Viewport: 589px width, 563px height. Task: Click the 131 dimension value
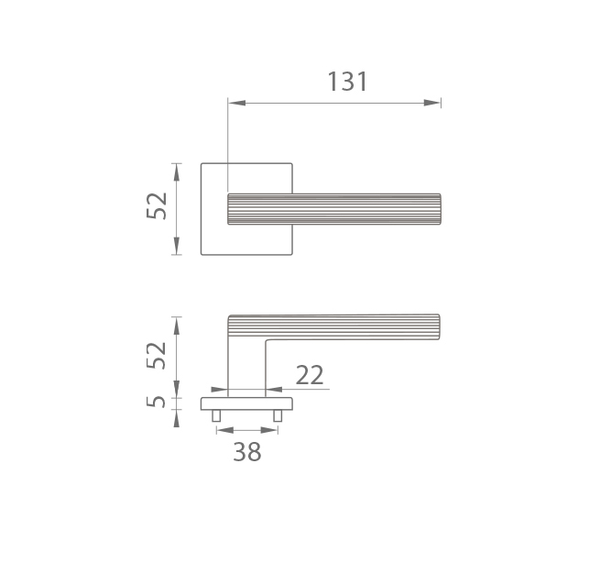click(x=347, y=82)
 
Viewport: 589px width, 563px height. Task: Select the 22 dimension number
click(x=310, y=375)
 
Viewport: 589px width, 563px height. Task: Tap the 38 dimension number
click(x=247, y=452)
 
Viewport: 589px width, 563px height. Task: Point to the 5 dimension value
click(x=156, y=402)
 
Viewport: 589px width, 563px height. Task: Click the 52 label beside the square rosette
click(x=157, y=205)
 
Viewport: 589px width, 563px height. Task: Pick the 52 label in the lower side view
click(x=157, y=356)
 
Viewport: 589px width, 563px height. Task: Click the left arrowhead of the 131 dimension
click(x=236, y=103)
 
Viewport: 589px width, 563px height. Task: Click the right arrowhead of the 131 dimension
click(x=432, y=103)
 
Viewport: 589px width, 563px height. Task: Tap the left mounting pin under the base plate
click(x=216, y=415)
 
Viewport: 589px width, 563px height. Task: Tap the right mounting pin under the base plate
click(x=278, y=415)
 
